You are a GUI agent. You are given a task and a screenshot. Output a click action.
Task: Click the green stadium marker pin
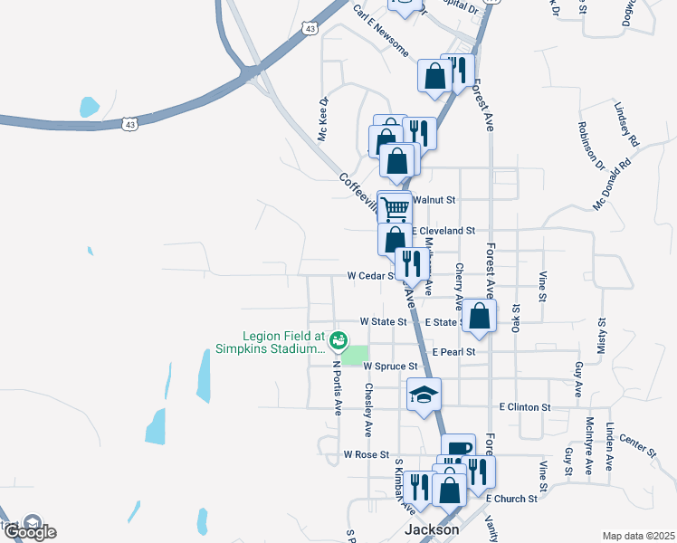click(338, 341)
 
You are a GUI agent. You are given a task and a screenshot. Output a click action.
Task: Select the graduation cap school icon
click(424, 395)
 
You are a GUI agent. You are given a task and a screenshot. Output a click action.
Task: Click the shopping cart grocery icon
click(395, 207)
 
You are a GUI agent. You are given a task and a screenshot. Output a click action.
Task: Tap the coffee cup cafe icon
click(458, 447)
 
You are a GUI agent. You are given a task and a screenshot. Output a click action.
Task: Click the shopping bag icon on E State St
click(482, 316)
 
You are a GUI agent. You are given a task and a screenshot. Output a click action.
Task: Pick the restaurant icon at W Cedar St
click(412, 263)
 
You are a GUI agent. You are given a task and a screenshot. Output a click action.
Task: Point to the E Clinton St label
click(524, 408)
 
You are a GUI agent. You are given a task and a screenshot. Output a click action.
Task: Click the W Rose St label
click(366, 454)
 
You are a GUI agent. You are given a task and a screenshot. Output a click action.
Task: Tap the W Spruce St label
click(389, 367)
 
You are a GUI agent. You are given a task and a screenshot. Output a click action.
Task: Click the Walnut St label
click(435, 199)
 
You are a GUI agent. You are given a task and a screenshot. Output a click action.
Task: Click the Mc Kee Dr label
click(321, 120)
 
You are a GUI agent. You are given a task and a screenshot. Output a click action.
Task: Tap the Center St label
click(638, 445)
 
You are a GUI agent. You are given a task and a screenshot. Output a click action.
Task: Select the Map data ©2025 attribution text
click(638, 536)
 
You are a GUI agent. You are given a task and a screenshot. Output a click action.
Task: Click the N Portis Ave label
click(337, 388)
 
